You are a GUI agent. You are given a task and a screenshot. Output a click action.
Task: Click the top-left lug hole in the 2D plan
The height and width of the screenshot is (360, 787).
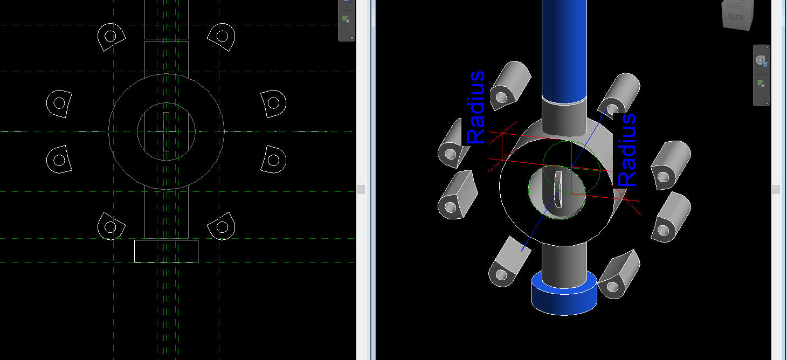point(110,37)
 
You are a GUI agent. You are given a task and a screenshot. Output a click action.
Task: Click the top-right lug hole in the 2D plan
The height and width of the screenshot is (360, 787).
point(222,37)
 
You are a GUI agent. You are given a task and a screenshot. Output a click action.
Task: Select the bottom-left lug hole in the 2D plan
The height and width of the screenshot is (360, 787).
point(111,227)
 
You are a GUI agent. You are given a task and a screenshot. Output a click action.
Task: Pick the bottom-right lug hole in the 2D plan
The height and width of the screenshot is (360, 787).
point(221,227)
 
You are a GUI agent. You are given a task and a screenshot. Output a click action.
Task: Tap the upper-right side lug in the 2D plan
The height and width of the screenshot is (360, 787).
point(273,102)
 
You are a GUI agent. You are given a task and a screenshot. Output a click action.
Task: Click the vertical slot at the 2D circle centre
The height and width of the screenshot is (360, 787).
point(166,131)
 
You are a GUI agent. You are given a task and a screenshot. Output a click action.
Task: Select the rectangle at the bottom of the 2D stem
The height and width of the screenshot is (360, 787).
point(166,251)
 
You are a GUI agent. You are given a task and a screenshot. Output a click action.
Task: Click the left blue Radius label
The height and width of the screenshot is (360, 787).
point(475,107)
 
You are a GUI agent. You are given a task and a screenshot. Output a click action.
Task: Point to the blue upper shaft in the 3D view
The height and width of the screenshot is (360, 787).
point(563,49)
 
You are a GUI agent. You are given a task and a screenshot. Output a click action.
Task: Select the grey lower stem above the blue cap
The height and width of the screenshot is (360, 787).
point(564,264)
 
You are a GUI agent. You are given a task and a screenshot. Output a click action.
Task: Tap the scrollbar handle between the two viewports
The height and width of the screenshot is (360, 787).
point(361,189)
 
